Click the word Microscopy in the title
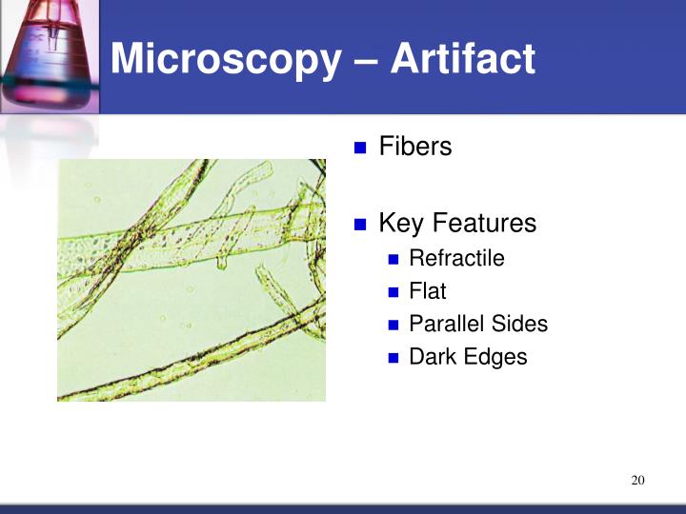(x=224, y=60)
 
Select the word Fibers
(x=415, y=147)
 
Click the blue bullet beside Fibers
(x=360, y=148)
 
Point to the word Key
(x=401, y=224)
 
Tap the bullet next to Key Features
(x=360, y=226)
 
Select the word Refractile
(x=456, y=258)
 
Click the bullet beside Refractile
(x=394, y=260)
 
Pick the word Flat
(x=428, y=291)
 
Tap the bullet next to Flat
(x=394, y=293)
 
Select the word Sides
(x=520, y=324)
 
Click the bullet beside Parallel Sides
(x=394, y=326)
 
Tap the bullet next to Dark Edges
(x=394, y=359)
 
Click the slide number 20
(x=638, y=480)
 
